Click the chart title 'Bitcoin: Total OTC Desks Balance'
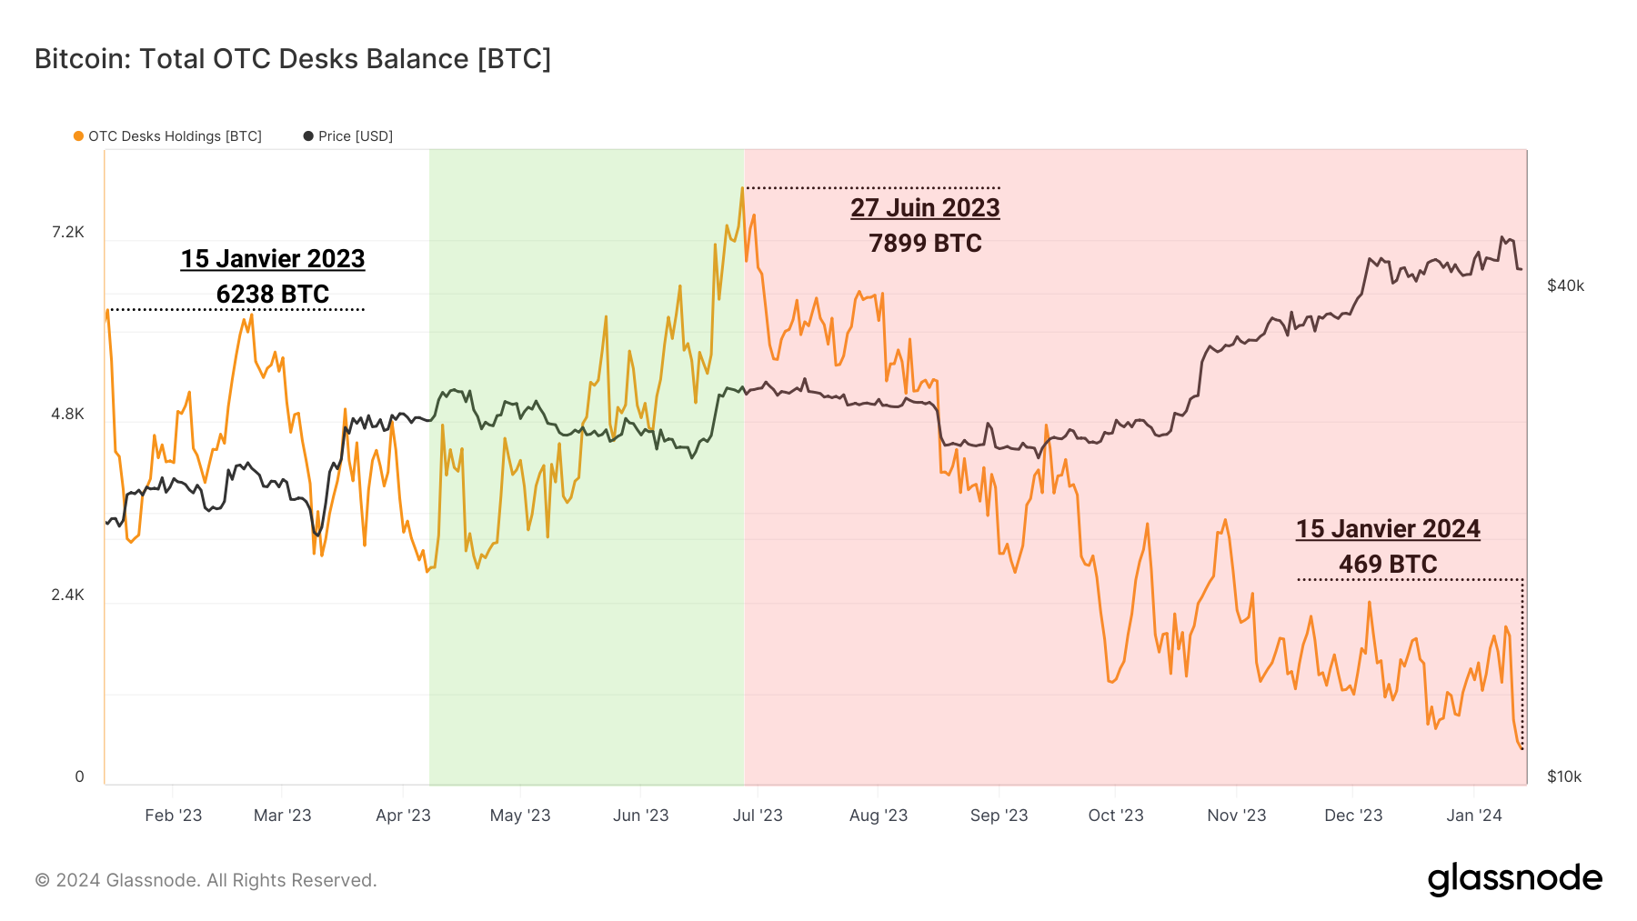(x=292, y=58)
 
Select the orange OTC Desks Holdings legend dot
(x=79, y=136)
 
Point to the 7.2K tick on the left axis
(x=67, y=233)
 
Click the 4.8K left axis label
(x=67, y=415)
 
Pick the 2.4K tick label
(x=67, y=596)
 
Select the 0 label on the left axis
(x=79, y=776)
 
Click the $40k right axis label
(x=1565, y=285)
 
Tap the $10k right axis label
(x=1564, y=776)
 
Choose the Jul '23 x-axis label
(x=758, y=816)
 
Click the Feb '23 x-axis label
(x=173, y=816)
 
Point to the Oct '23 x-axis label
(x=1116, y=816)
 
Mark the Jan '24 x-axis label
(x=1473, y=816)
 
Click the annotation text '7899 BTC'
(x=925, y=244)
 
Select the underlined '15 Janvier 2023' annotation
(x=273, y=259)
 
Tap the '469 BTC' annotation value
(x=1388, y=565)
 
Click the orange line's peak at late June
(x=742, y=189)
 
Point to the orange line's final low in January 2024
(x=1521, y=748)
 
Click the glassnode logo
(x=1514, y=879)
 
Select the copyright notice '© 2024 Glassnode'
(x=206, y=880)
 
